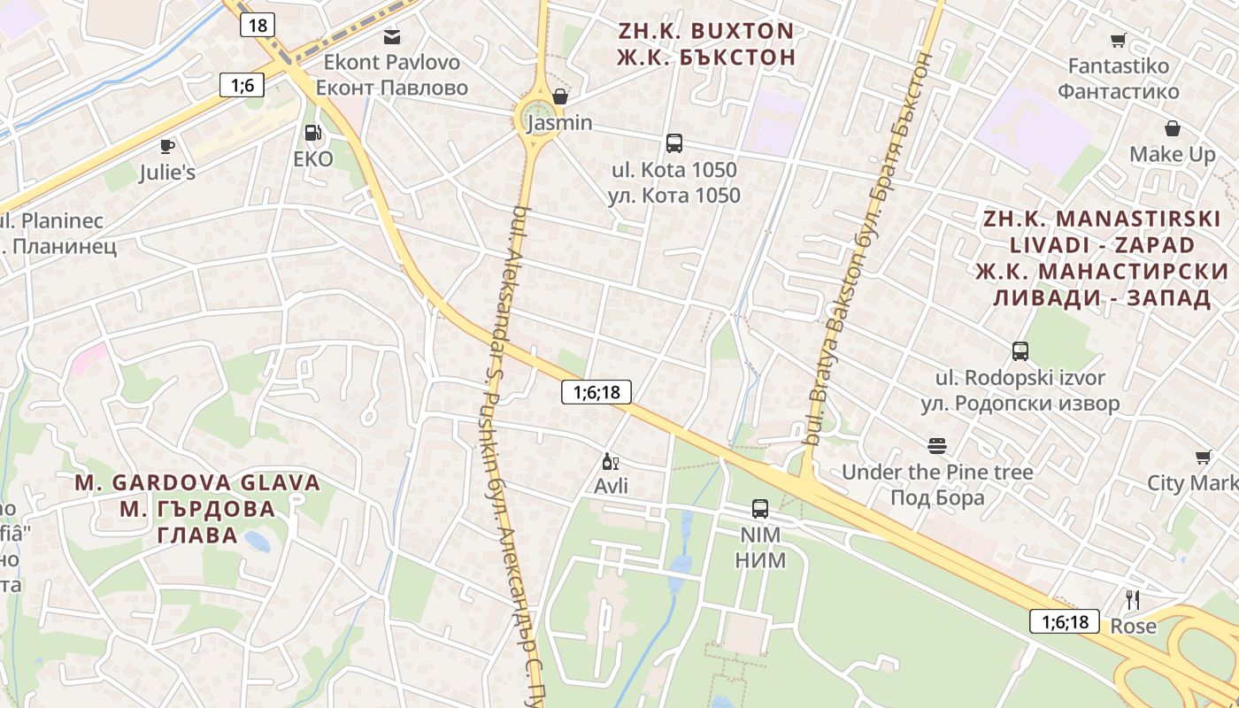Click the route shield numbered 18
(x=258, y=25)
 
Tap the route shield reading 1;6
(x=242, y=85)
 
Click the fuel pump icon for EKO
(x=312, y=134)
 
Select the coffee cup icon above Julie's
(x=166, y=146)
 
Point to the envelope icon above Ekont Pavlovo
(x=391, y=36)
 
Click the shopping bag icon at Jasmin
(x=559, y=96)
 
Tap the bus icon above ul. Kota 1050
(x=673, y=142)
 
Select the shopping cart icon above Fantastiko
(x=1118, y=40)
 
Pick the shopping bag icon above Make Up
(x=1172, y=128)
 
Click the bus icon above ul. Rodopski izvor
(x=1020, y=351)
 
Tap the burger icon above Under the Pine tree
(x=936, y=445)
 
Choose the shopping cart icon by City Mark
(x=1203, y=457)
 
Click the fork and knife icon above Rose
(x=1132, y=599)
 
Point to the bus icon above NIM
(x=759, y=509)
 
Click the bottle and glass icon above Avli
(x=611, y=461)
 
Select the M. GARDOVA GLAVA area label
(x=197, y=482)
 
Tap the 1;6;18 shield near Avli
(x=596, y=392)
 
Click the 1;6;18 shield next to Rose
(x=1065, y=621)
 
